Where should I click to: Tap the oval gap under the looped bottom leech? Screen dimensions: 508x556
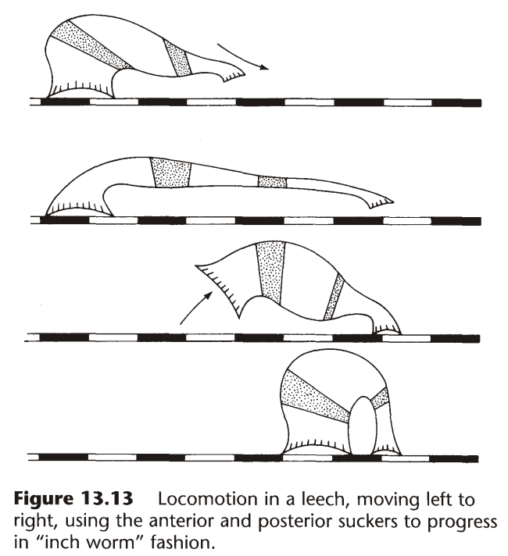(361, 426)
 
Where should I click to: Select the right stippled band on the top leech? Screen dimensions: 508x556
(178, 58)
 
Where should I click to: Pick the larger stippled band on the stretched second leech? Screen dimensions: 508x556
(171, 172)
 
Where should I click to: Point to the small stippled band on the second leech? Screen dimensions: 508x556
(272, 182)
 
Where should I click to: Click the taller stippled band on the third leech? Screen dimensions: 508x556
(270, 271)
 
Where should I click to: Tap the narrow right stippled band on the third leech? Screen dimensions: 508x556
(334, 297)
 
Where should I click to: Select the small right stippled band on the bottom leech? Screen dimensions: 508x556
(381, 398)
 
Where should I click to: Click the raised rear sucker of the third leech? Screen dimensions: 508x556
(212, 279)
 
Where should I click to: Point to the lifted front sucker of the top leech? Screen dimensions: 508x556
(233, 74)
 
